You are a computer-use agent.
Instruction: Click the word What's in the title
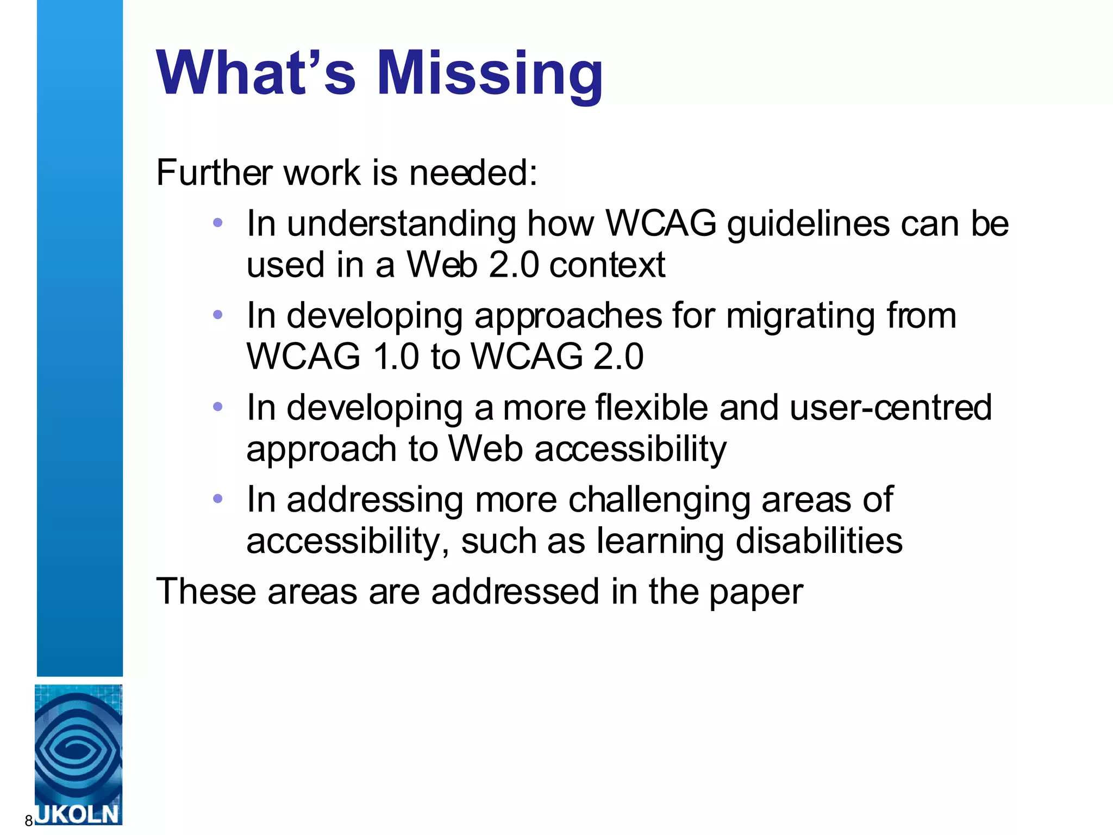point(256,73)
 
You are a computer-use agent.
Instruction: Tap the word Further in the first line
point(214,173)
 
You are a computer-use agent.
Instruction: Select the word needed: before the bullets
point(473,173)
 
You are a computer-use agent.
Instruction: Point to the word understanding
point(401,224)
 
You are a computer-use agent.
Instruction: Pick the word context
point(607,265)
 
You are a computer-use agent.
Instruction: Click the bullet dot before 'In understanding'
point(218,222)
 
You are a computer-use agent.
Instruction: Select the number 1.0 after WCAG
point(396,357)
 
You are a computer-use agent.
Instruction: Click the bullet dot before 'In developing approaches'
point(218,314)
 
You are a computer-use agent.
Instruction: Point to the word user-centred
point(891,407)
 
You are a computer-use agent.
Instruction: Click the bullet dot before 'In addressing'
point(218,498)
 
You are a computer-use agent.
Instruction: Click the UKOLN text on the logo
point(78,814)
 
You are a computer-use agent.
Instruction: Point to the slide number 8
point(28,821)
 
